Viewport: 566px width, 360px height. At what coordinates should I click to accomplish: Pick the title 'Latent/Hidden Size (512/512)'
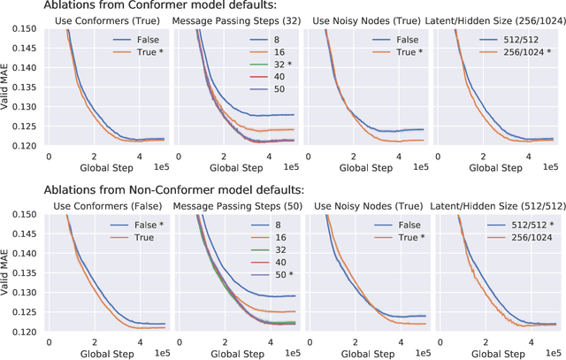point(495,204)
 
